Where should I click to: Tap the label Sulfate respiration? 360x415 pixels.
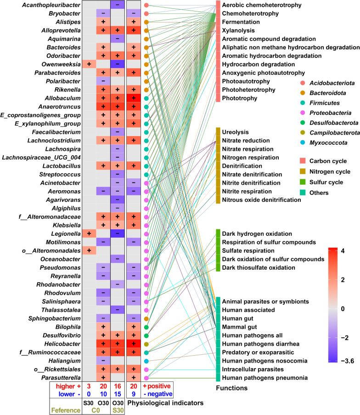pos(248,250)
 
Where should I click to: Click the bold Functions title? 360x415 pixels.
pos(232,388)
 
